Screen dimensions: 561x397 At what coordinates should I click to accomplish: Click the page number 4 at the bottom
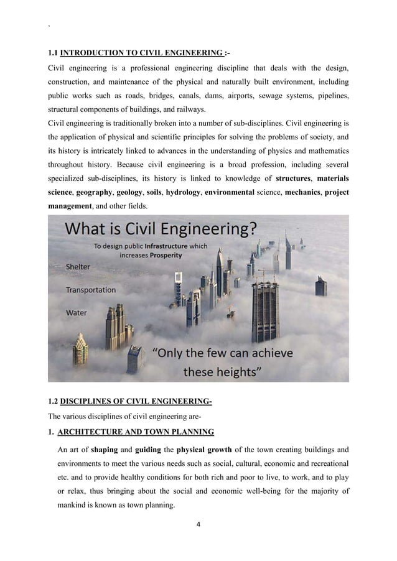pyautogui.click(x=198, y=524)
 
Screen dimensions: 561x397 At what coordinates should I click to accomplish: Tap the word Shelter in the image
pyautogui.click(x=78, y=267)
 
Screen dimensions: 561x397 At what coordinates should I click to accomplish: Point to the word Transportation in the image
pyautogui.click(x=91, y=290)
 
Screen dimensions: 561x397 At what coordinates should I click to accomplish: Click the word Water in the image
pyautogui.click(x=76, y=313)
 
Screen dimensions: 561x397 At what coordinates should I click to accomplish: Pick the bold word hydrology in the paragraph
pyautogui.click(x=183, y=193)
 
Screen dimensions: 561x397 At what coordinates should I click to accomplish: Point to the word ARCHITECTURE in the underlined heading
pyautogui.click(x=96, y=432)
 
